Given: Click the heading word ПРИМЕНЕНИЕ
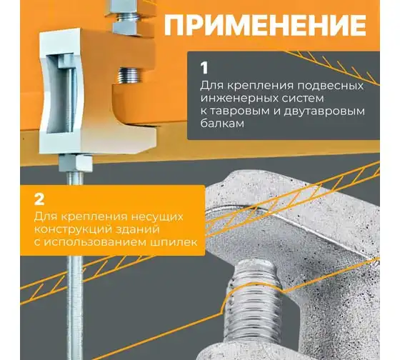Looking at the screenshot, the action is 265,25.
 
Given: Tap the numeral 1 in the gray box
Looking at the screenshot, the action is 204,69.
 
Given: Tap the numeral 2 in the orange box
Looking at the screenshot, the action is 39,199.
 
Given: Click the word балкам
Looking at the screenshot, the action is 222,124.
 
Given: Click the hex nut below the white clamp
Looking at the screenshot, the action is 76,163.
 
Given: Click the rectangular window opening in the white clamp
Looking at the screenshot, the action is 61,93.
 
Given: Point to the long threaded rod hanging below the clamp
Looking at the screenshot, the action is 76,265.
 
